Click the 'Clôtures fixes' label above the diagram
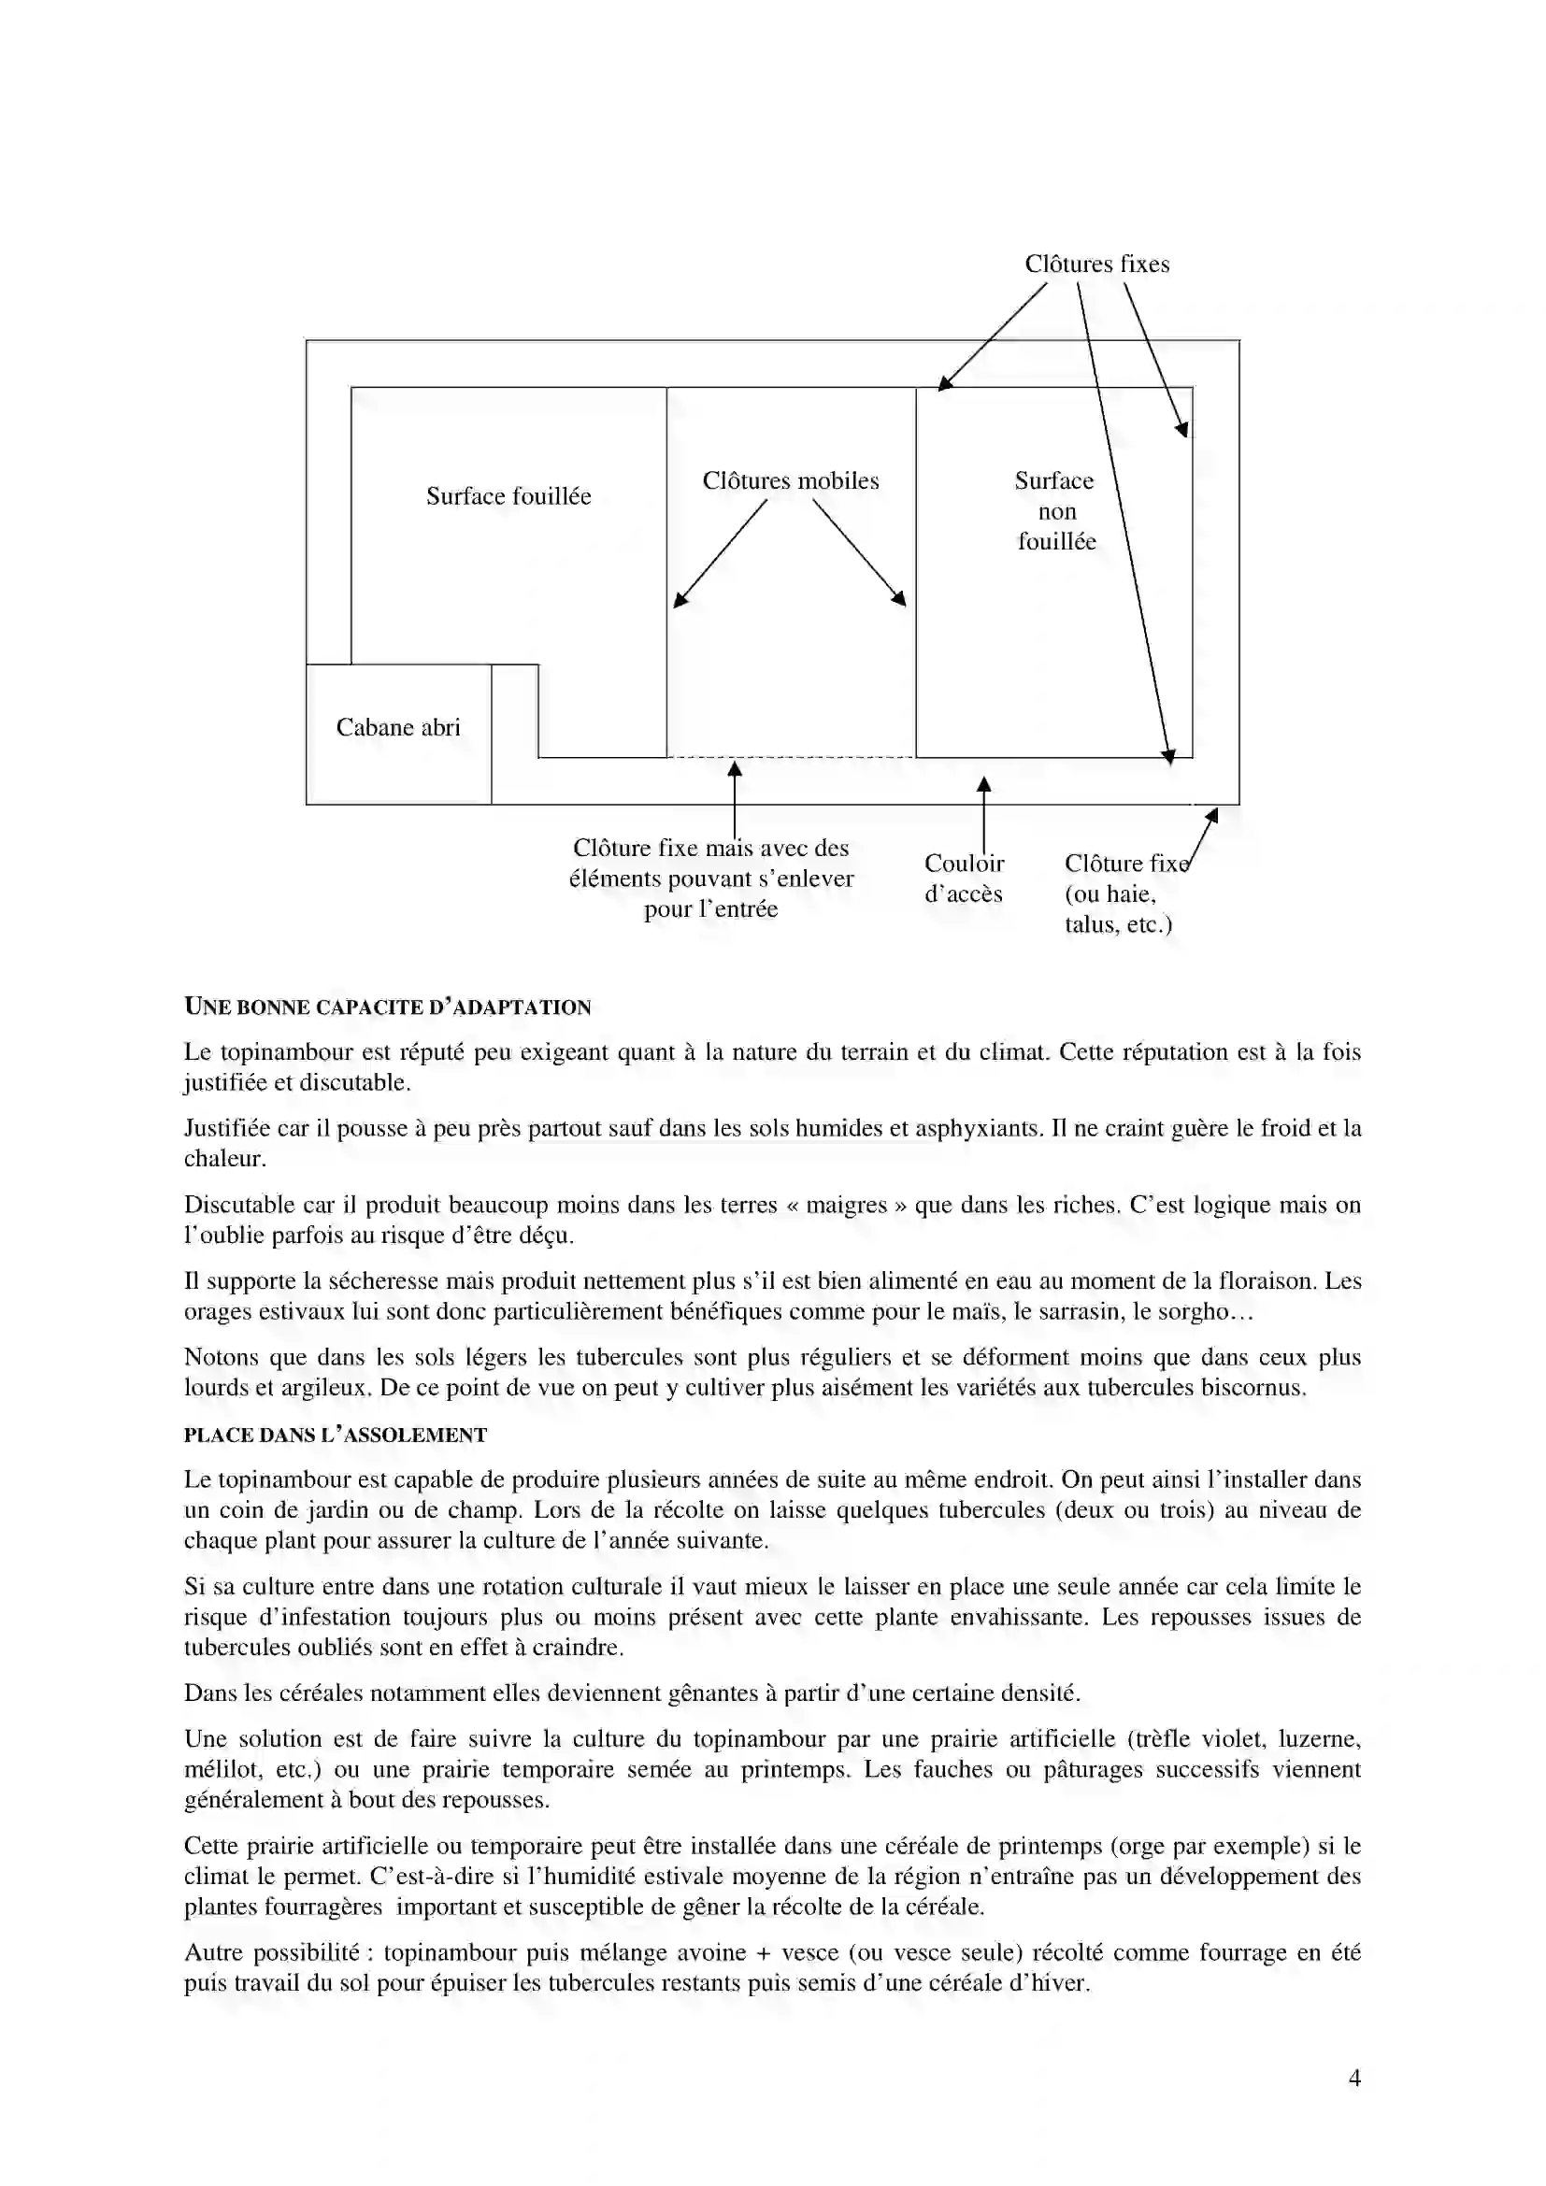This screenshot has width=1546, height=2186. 1096,264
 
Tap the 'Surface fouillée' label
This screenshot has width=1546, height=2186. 508,496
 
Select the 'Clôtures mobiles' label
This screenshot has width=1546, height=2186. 790,480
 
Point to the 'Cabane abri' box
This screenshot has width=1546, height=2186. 398,727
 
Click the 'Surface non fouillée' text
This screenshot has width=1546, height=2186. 1055,511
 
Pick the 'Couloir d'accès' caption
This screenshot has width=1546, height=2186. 964,878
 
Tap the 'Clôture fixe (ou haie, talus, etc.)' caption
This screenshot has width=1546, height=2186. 1120,893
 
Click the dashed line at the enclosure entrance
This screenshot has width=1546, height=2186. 790,758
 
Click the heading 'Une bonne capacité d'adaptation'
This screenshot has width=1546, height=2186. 388,1007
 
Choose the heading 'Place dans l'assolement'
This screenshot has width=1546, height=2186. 336,1435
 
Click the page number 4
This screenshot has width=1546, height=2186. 1354,2079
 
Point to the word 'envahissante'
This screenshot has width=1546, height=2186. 1014,1618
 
